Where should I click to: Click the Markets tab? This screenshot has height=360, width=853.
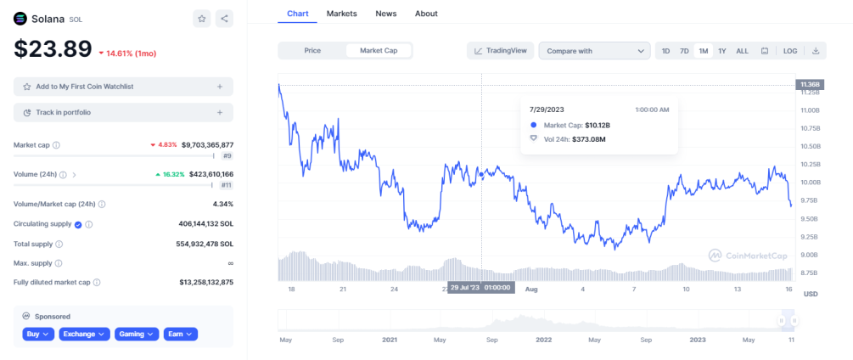pyautogui.click(x=342, y=13)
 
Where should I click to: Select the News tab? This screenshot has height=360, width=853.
pyautogui.click(x=385, y=13)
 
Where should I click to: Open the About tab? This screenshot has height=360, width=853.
pyautogui.click(x=426, y=13)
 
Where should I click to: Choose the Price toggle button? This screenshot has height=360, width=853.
pyautogui.click(x=312, y=51)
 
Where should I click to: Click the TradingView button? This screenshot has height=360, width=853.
pyautogui.click(x=501, y=51)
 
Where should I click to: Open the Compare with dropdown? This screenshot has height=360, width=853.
pyautogui.click(x=595, y=51)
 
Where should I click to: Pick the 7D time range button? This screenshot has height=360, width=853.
pyautogui.click(x=684, y=51)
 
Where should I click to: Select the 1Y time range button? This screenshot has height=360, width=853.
pyautogui.click(x=722, y=51)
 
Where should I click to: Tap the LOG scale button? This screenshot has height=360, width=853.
pyautogui.click(x=790, y=51)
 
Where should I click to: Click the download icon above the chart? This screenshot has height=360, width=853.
pyautogui.click(x=816, y=51)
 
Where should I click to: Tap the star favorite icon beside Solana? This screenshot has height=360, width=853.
pyautogui.click(x=202, y=19)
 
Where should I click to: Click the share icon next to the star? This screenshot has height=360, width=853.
pyautogui.click(x=224, y=19)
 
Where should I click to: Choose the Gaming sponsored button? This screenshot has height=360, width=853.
pyautogui.click(x=137, y=334)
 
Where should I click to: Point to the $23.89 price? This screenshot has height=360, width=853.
pyautogui.click(x=53, y=49)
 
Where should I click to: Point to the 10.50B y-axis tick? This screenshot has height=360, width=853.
pyautogui.click(x=808, y=146)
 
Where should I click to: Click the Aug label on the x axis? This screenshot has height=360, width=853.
pyautogui.click(x=531, y=290)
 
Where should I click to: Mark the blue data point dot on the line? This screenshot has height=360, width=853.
pyautogui.click(x=481, y=175)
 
